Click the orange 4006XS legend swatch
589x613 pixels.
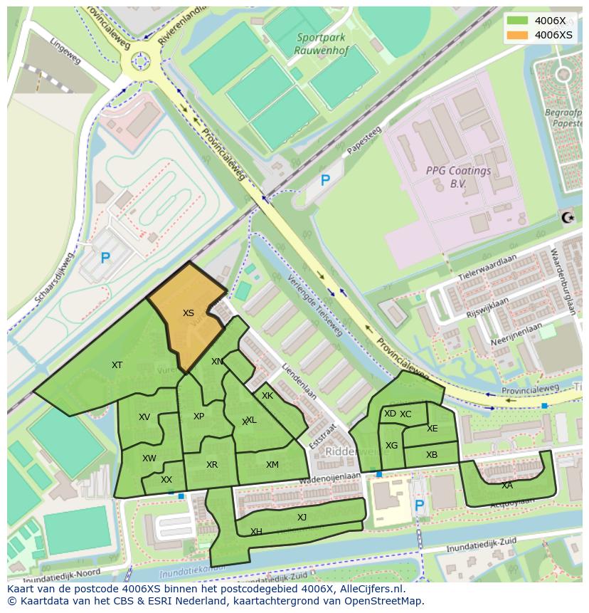[518, 35]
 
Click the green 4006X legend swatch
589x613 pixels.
[518, 21]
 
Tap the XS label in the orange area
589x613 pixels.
[188, 313]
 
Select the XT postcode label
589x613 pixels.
[117, 365]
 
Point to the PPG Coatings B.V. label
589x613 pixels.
[458, 177]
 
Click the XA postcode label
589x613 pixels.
[506, 486]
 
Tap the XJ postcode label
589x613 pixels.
[302, 518]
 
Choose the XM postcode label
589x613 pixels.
[272, 465]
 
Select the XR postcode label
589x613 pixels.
[212, 465]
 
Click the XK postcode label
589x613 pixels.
[267, 396]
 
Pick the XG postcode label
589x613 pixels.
[391, 446]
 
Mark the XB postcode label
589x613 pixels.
[432, 455]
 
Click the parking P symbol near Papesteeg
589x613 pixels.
[325, 181]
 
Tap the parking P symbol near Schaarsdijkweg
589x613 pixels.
[105, 258]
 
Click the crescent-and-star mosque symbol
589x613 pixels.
[567, 217]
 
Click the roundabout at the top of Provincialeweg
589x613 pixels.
[140, 61]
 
